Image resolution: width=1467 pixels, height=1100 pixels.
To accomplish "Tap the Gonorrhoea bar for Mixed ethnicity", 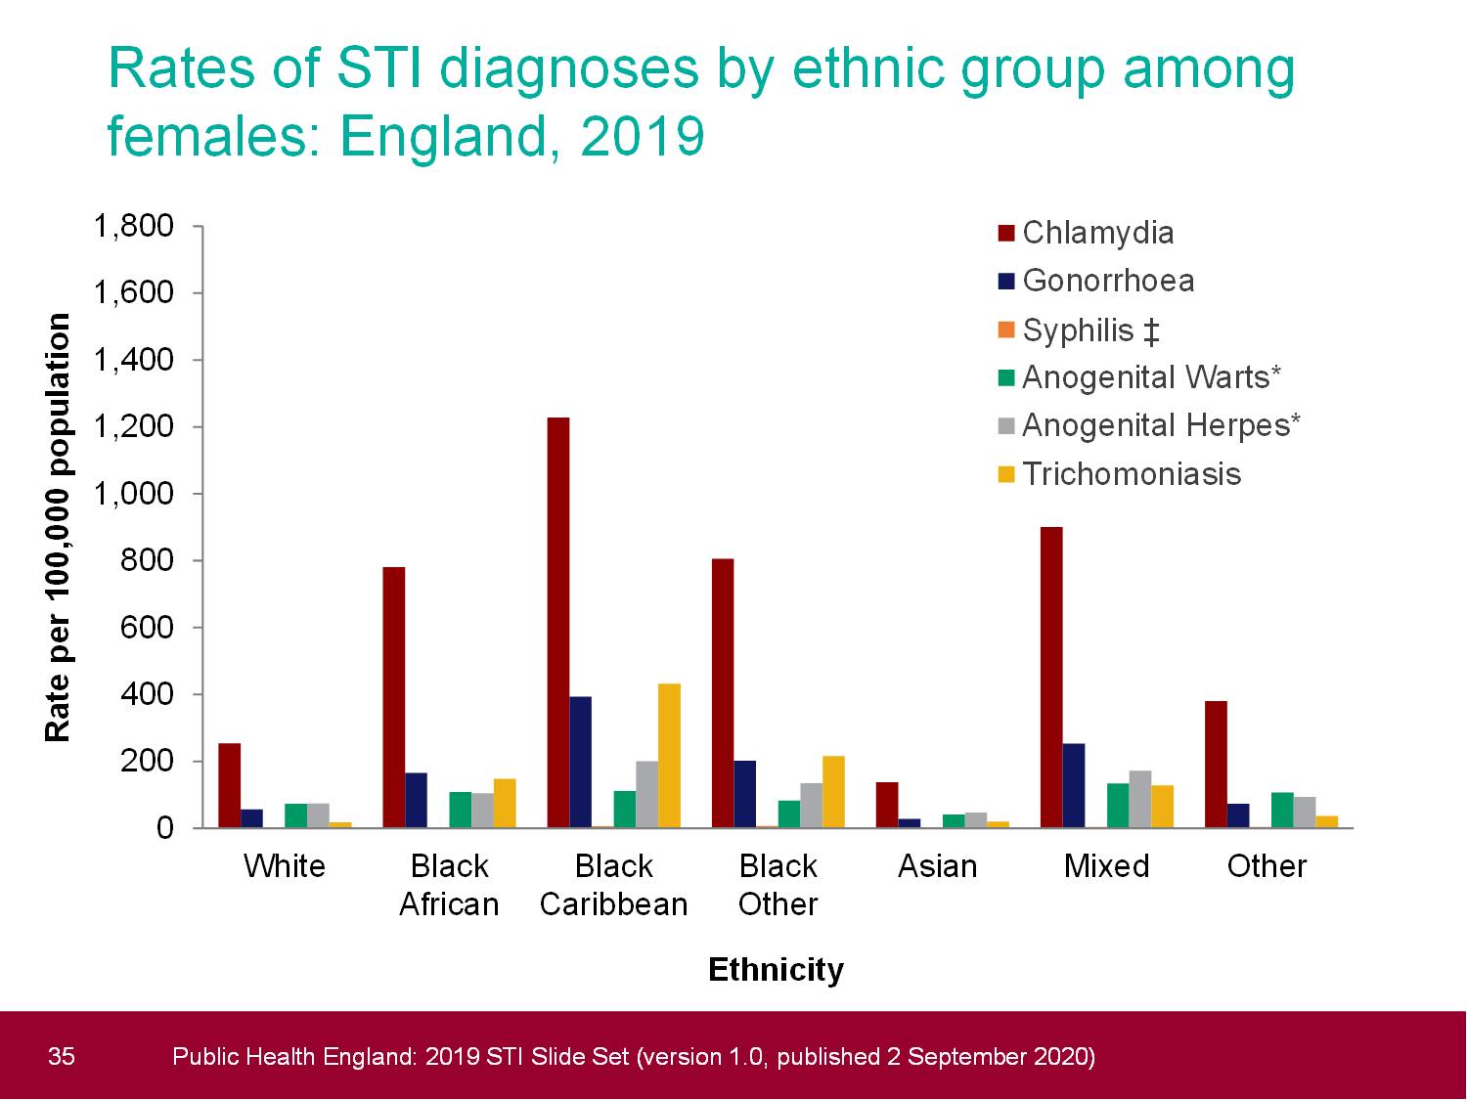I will tap(1074, 786).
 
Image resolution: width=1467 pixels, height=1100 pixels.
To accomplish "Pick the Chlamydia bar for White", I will tap(229, 786).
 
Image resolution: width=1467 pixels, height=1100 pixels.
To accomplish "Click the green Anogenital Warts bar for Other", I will tap(1282, 811).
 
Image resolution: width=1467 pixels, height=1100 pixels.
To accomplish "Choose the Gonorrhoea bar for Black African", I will tap(416, 801).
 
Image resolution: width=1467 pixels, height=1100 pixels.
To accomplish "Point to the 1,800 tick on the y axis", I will tap(133, 226).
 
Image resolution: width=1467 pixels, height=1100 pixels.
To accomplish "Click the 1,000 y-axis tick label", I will tap(133, 494).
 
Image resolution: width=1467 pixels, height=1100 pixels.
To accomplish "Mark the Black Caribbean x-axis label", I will tap(613, 885).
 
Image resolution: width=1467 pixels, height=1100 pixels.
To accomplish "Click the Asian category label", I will tap(937, 866).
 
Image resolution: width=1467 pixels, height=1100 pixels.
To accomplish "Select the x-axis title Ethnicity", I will tap(776, 969).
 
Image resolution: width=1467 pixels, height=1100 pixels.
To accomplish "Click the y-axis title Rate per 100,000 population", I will tap(58, 528).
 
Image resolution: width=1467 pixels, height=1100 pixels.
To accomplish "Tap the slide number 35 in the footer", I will tap(61, 1056).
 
